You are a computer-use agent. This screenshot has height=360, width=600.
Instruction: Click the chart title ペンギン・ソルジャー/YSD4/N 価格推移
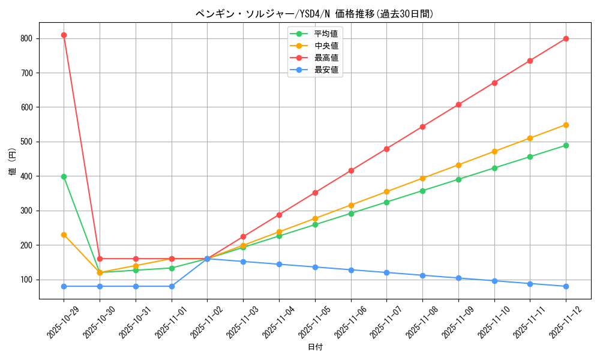(314, 14)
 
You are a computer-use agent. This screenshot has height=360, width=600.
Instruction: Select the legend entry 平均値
(326, 34)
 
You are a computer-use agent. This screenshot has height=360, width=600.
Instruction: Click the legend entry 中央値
(326, 46)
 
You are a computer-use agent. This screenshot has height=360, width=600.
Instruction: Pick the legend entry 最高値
(326, 58)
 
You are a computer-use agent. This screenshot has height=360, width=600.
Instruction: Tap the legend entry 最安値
(326, 70)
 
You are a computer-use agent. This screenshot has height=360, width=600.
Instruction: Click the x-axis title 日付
(315, 347)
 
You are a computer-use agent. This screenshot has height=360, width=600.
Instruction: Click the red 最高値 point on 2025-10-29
(64, 35)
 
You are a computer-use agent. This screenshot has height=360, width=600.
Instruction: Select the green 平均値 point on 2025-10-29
(64, 176)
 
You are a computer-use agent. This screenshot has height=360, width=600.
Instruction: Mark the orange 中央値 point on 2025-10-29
(64, 235)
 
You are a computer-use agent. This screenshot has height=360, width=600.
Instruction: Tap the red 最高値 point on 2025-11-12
(566, 38)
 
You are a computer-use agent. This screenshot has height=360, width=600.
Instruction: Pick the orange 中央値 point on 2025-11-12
(566, 125)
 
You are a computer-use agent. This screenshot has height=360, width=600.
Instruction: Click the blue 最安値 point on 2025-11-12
(566, 286)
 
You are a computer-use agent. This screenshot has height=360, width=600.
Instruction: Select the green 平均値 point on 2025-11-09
(458, 179)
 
